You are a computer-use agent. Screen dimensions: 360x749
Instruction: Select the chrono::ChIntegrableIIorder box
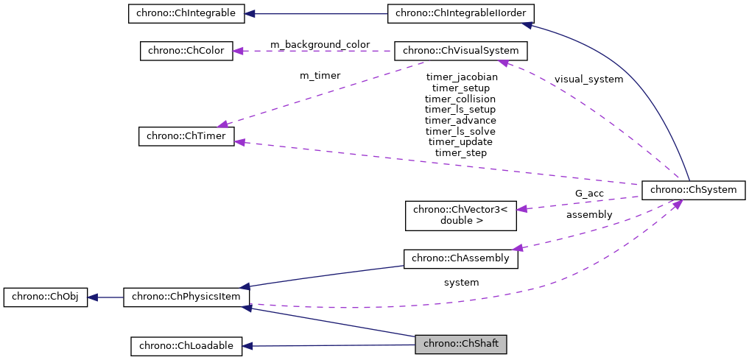tap(461, 13)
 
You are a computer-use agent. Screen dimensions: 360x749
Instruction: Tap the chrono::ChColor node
tap(186, 51)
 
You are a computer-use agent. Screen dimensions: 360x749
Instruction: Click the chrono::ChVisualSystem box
tap(461, 51)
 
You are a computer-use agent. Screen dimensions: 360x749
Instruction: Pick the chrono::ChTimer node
tap(186, 136)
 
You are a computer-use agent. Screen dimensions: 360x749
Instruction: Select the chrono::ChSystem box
tap(694, 189)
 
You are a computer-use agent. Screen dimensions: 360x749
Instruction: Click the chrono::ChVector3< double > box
tap(461, 215)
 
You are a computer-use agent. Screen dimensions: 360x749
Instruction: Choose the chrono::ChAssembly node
tap(461, 258)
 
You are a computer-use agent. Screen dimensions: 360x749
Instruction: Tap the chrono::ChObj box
tap(46, 297)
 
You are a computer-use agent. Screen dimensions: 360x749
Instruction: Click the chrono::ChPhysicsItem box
tap(186, 297)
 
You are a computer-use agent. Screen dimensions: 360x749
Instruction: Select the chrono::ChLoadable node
tap(186, 345)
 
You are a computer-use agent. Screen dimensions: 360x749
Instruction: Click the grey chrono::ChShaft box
tap(461, 344)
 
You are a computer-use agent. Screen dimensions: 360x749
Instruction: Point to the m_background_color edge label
tap(320, 45)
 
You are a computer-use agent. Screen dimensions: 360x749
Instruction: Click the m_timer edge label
tap(320, 75)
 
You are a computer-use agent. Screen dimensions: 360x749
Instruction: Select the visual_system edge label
tap(588, 79)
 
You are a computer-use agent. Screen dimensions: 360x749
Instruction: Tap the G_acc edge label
tap(589, 193)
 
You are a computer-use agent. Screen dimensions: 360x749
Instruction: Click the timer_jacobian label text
tap(461, 77)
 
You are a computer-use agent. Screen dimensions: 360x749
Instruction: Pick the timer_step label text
tap(461, 152)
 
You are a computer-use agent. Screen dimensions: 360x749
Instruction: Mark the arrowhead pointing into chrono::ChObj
tap(94, 297)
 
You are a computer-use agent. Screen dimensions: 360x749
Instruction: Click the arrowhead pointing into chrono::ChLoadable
tap(247, 345)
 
